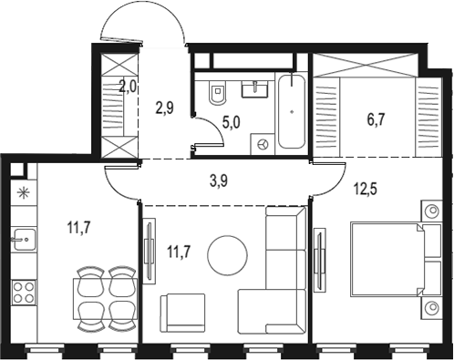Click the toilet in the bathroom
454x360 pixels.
[217, 92]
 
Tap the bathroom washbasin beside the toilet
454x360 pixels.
[254, 89]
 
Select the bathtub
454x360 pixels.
[292, 111]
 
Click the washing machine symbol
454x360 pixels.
[263, 145]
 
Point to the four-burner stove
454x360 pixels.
[24, 293]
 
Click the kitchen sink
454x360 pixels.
[25, 240]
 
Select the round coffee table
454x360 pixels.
[227, 254]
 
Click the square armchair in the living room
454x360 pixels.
[182, 313]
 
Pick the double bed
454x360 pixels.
[396, 259]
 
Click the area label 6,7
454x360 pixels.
[376, 119]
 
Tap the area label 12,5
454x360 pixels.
[365, 189]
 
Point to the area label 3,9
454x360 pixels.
[219, 181]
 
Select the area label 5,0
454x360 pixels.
[232, 123]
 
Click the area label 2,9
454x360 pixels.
[165, 108]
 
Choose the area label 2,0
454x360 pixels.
[128, 87]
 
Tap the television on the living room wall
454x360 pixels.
[149, 252]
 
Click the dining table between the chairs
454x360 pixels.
[105, 299]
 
